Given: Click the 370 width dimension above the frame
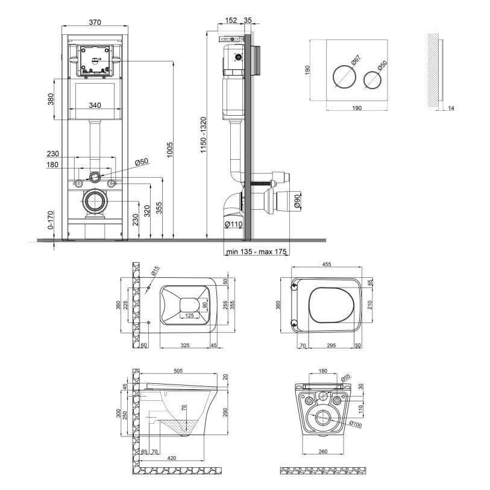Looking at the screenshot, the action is point(95,22).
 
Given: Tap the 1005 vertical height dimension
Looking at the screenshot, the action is point(170,150).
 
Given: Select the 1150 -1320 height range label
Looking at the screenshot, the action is point(204,134).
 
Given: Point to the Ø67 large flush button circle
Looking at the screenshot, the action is point(344,77).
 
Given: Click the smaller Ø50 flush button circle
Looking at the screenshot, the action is point(372,80).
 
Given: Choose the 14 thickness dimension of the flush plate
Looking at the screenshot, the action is point(451,108).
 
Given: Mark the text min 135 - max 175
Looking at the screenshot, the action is point(256,251).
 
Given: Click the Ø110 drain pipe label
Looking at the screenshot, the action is point(233,224).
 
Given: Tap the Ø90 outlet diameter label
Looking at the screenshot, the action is point(297,201).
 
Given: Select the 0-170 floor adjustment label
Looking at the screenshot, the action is point(51,220).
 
